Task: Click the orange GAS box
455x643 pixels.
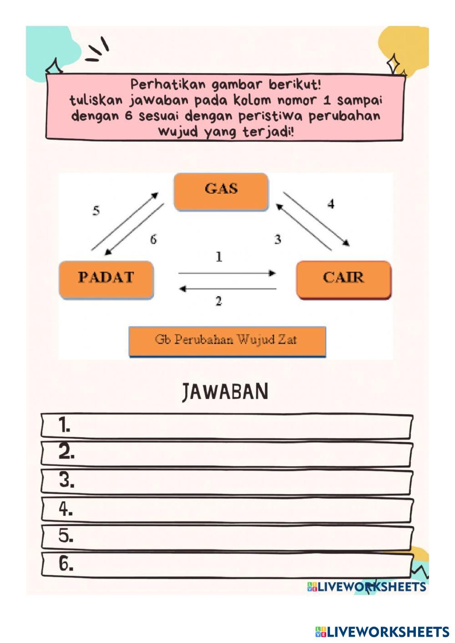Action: point(221,191)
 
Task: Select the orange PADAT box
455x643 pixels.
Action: point(106,279)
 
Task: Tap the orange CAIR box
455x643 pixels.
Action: point(344,279)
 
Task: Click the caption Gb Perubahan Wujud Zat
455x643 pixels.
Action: point(227,340)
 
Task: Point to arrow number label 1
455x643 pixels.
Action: point(219,257)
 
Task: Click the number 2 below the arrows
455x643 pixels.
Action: point(219,301)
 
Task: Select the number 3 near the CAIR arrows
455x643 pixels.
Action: point(278,239)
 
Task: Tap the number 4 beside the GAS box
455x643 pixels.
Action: point(331,204)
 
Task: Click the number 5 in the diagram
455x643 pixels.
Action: point(96,211)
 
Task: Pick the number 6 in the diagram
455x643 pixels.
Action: point(153,239)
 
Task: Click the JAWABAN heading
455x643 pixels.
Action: point(225,392)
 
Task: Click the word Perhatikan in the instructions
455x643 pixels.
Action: point(168,85)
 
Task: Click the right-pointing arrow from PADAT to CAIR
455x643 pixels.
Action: point(227,273)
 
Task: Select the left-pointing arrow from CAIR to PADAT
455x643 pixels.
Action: point(227,289)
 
